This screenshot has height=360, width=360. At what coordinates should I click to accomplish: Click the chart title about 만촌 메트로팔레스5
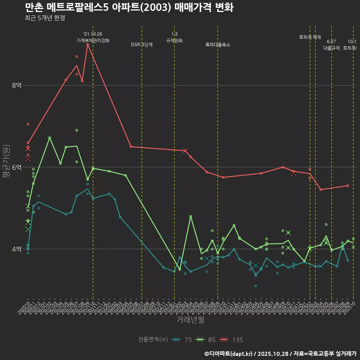(x=129, y=7)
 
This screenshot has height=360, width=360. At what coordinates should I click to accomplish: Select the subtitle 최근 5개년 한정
(x=45, y=18)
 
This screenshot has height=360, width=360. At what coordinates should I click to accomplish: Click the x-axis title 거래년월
(x=190, y=319)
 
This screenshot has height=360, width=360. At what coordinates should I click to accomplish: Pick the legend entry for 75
(x=183, y=340)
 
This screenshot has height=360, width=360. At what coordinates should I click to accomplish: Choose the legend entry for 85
(x=206, y=340)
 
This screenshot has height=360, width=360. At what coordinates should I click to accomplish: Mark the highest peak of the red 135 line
(x=87, y=44)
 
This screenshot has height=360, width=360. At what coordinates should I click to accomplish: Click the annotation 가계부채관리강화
(x=93, y=40)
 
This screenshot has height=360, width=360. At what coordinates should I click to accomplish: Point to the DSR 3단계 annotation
(x=142, y=45)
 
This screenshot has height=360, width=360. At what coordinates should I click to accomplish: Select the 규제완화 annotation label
(x=174, y=40)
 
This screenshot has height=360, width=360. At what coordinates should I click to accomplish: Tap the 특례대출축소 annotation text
(x=218, y=45)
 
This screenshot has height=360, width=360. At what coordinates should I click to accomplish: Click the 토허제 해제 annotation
(x=310, y=37)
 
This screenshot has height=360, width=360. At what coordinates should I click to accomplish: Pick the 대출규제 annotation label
(x=331, y=48)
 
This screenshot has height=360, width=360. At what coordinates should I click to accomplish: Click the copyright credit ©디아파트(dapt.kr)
(x=229, y=353)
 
